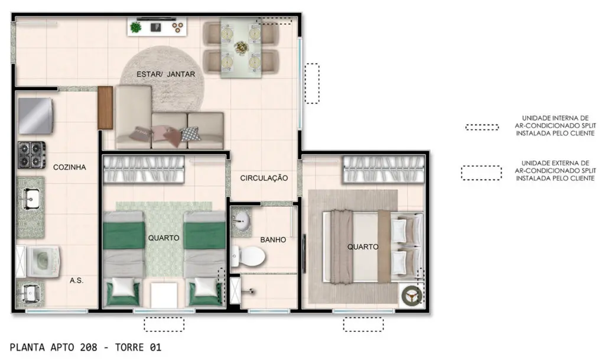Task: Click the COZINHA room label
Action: pos(70,167)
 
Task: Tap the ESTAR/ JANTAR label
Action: pos(166,74)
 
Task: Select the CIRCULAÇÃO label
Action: pos(264,178)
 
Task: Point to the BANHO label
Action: pos(273,239)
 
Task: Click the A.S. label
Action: pos(76,281)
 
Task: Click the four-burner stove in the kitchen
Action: pos(31,155)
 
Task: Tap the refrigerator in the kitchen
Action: pos(35,116)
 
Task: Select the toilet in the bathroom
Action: pos(249,256)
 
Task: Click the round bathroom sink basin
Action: pos(241,222)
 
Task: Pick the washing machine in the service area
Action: pos(42,262)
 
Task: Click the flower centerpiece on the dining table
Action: pos(241,47)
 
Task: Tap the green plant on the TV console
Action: pos(136,27)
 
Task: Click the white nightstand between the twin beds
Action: pos(164,295)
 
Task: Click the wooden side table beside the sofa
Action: pos(105,108)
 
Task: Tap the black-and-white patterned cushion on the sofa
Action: pos(191,134)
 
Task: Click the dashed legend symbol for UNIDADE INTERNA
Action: pos(482,127)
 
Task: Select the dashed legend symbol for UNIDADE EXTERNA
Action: pos(482,173)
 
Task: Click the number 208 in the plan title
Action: pos(89,347)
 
